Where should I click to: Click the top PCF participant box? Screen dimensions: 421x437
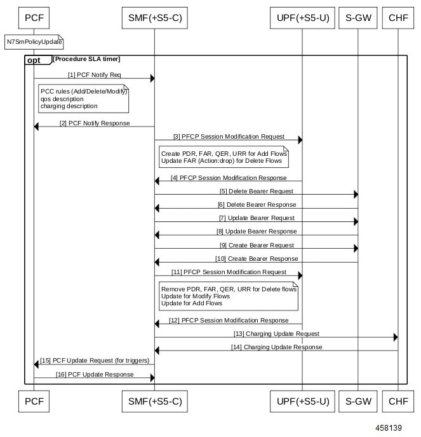[34, 18]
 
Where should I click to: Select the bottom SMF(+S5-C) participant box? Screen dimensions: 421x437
[155, 401]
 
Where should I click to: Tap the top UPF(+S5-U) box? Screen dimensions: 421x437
[302, 18]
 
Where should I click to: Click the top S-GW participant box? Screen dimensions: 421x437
[358, 18]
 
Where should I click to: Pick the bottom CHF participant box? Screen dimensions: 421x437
[398, 401]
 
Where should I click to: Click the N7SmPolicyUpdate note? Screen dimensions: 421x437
[34, 42]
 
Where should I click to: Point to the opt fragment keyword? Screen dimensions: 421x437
[34, 60]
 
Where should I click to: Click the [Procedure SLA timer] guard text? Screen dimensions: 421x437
[86, 59]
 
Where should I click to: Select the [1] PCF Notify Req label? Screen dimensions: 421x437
[95, 74]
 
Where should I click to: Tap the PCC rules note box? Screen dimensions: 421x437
[83, 99]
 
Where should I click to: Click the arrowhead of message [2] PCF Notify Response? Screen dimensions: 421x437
[36, 127]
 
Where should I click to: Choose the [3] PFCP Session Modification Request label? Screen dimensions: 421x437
[229, 137]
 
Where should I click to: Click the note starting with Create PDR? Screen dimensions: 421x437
[224, 157]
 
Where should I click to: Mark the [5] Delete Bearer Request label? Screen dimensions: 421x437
[257, 191]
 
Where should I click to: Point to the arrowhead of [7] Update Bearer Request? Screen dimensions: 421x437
[356, 222]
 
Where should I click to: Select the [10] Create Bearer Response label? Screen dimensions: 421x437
[257, 259]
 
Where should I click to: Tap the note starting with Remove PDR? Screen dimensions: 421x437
[229, 296]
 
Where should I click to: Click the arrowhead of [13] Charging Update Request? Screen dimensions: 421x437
[396, 337]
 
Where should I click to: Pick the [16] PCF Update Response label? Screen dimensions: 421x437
[95, 374]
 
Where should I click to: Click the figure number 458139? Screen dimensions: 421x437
[389, 428]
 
